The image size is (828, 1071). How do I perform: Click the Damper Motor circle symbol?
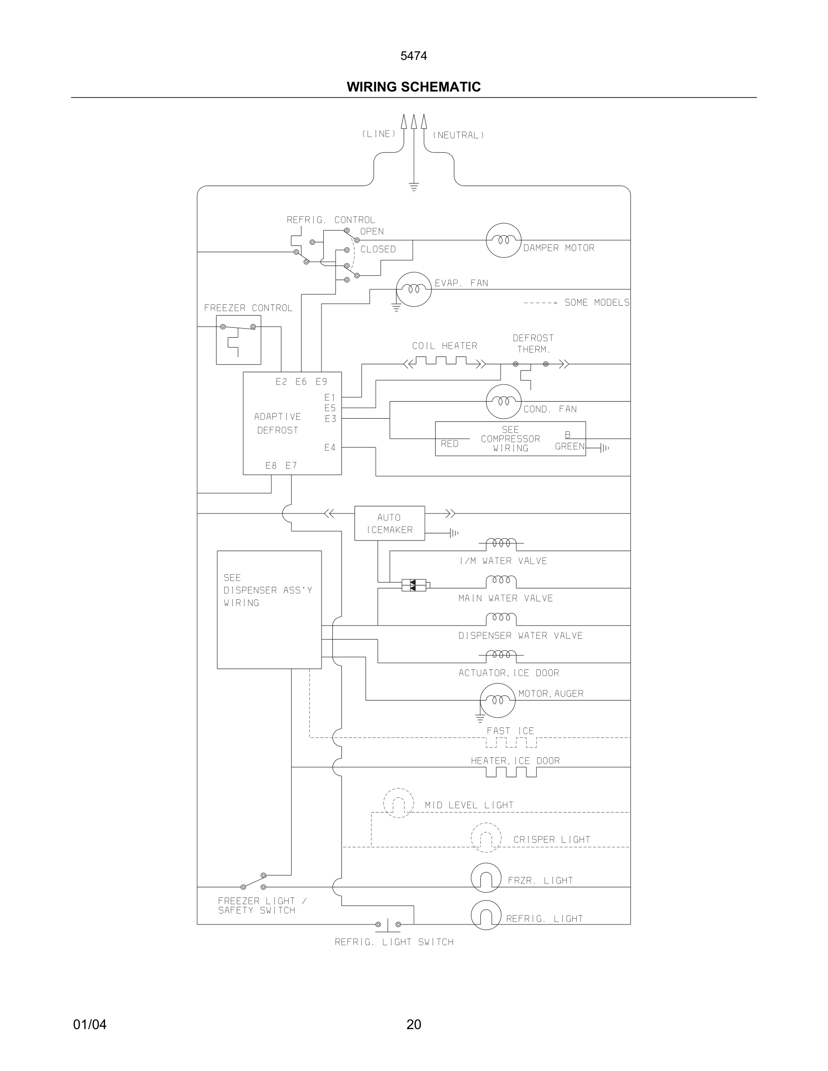(503, 240)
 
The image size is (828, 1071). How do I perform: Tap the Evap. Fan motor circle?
(414, 289)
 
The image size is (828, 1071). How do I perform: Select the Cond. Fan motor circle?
(503, 402)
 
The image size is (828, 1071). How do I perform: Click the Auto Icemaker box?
(390, 523)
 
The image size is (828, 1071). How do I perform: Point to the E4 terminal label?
(330, 447)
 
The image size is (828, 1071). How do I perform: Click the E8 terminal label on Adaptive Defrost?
(271, 465)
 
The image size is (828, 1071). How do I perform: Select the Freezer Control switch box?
(239, 340)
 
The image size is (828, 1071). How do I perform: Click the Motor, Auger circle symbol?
(497, 700)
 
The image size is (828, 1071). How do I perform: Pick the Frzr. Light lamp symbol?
(486, 878)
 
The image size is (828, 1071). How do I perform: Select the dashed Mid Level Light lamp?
(398, 803)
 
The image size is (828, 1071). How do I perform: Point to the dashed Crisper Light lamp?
(486, 838)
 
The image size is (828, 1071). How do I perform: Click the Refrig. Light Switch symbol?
(388, 925)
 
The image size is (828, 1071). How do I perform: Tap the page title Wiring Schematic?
(414, 87)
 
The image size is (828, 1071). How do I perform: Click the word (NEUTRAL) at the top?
(458, 135)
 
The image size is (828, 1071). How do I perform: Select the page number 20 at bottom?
(414, 1025)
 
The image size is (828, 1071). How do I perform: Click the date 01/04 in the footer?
(90, 1025)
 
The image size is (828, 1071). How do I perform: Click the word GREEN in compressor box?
(570, 446)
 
